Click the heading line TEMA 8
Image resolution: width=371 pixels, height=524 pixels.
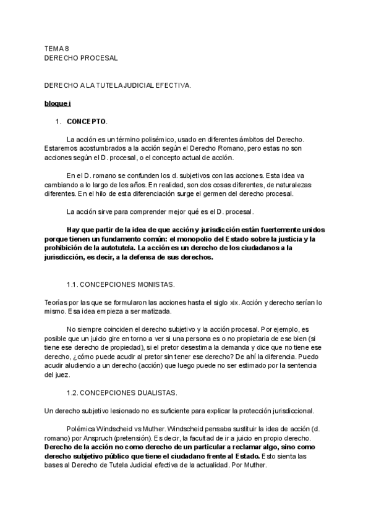click(57, 49)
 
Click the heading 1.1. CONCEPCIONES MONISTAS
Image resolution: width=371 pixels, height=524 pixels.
click(121, 284)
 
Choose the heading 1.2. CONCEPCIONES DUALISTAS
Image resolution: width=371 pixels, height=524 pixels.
click(122, 392)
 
